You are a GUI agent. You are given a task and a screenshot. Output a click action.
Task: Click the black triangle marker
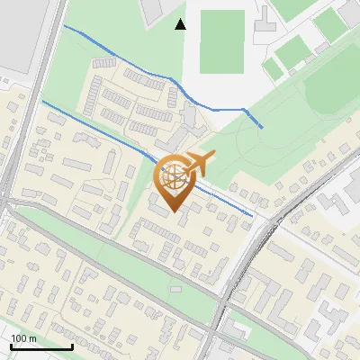click(181, 24)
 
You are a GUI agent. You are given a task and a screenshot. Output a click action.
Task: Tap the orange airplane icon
click(199, 162)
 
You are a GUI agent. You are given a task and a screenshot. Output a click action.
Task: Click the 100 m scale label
click(23, 337)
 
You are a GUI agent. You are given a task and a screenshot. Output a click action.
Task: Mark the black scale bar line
click(41, 346)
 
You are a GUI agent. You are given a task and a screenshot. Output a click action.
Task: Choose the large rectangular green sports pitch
click(221, 41)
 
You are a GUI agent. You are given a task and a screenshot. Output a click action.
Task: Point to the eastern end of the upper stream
click(262, 127)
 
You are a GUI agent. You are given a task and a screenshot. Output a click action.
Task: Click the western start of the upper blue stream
click(65, 26)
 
